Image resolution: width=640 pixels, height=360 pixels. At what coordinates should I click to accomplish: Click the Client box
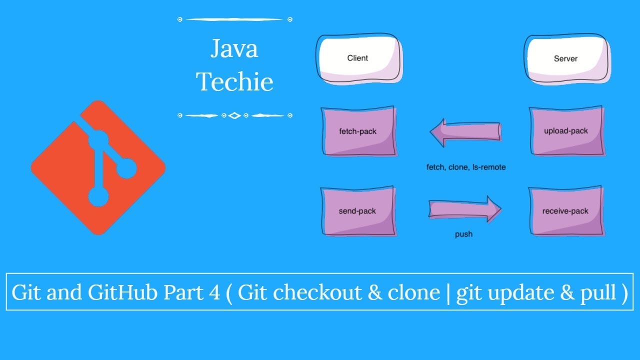[359, 58]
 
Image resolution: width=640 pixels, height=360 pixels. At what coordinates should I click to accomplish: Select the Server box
[567, 59]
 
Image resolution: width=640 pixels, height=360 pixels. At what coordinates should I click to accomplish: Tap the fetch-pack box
[359, 131]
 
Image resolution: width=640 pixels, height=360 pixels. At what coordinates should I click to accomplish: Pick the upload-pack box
[567, 131]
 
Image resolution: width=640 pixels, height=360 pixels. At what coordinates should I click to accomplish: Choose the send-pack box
[358, 211]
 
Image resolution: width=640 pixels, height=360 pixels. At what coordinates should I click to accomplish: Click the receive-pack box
[566, 211]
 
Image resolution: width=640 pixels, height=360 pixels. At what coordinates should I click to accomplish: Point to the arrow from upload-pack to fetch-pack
[465, 132]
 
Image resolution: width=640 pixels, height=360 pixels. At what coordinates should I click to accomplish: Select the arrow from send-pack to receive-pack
[465, 209]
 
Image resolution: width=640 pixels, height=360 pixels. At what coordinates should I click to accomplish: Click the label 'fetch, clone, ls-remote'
[466, 167]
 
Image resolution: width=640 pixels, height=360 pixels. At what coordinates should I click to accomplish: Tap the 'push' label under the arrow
[463, 234]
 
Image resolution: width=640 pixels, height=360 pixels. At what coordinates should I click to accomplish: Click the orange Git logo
[98, 167]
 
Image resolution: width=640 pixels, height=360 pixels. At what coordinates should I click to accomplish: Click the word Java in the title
[234, 48]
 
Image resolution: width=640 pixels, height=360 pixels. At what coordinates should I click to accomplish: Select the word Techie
[234, 81]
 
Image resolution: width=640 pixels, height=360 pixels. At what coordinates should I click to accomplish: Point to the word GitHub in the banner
[122, 292]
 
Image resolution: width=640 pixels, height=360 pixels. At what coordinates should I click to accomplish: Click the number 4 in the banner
[214, 292]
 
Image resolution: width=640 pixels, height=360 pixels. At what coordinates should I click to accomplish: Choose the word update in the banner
[521, 293]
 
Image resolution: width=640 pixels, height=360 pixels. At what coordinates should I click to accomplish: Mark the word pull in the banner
[598, 293]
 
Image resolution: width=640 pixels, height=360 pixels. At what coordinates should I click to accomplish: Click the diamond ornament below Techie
[234, 115]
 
